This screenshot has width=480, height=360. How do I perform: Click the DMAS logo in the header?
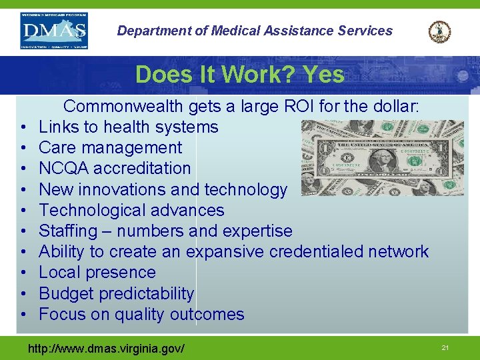click(x=55, y=31)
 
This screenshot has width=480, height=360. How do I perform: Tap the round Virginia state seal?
click(x=439, y=32)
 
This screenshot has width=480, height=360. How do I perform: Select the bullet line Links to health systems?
click(x=128, y=127)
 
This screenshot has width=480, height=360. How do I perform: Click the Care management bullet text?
click(x=110, y=147)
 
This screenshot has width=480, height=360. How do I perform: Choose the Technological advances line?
click(x=131, y=210)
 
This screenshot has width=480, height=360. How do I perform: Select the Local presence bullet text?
click(x=97, y=272)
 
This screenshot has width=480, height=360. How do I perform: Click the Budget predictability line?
click(x=117, y=293)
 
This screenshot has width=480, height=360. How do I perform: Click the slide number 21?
click(x=445, y=348)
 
